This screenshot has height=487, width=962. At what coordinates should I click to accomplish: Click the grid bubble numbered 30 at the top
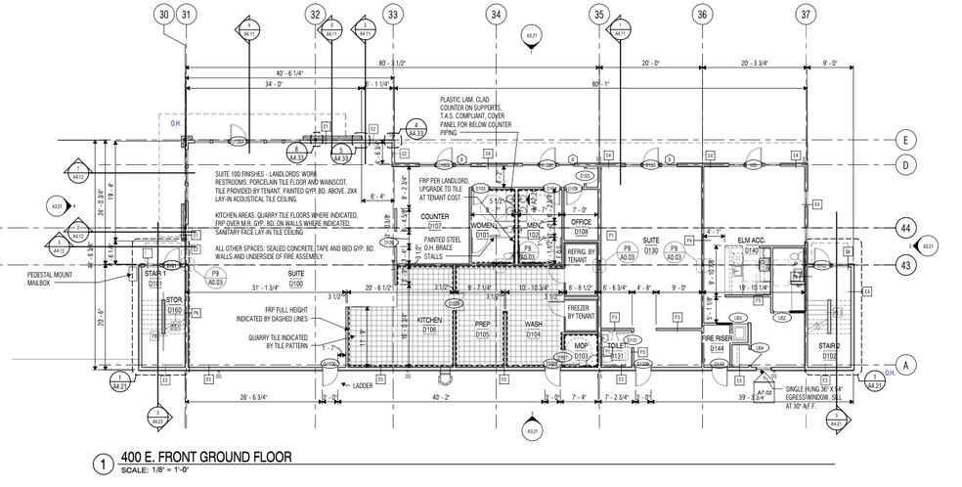tap(164, 14)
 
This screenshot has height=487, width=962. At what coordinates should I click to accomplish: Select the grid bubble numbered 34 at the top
tap(498, 14)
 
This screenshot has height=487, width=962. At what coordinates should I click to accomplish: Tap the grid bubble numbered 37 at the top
tap(806, 14)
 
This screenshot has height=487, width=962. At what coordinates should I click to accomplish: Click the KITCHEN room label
tap(430, 321)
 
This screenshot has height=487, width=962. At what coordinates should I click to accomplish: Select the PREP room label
tap(482, 322)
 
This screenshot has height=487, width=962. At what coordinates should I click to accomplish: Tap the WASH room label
tap(533, 322)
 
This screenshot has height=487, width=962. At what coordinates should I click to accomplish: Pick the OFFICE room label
tap(581, 222)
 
